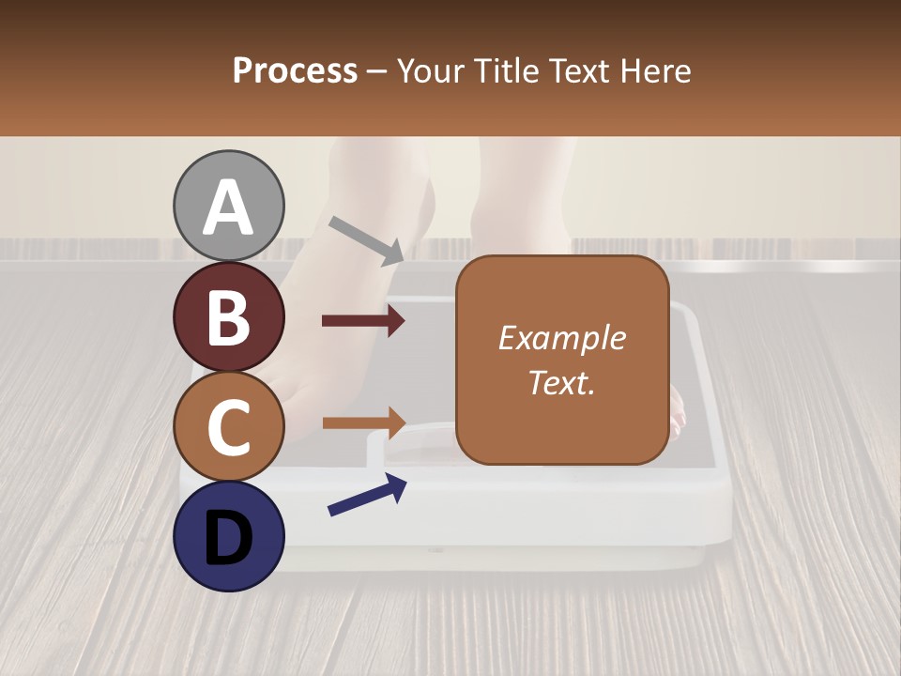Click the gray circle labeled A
(229, 206)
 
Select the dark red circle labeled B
(229, 316)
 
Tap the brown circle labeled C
(229, 426)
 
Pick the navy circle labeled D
(229, 536)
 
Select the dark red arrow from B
(363, 321)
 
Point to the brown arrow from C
(363, 422)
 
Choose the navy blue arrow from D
(367, 495)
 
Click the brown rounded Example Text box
(561, 360)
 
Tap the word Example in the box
(561, 338)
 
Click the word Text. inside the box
(561, 382)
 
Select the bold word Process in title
(295, 71)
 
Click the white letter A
(229, 207)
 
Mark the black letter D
(229, 537)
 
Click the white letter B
(229, 317)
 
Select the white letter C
(229, 427)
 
